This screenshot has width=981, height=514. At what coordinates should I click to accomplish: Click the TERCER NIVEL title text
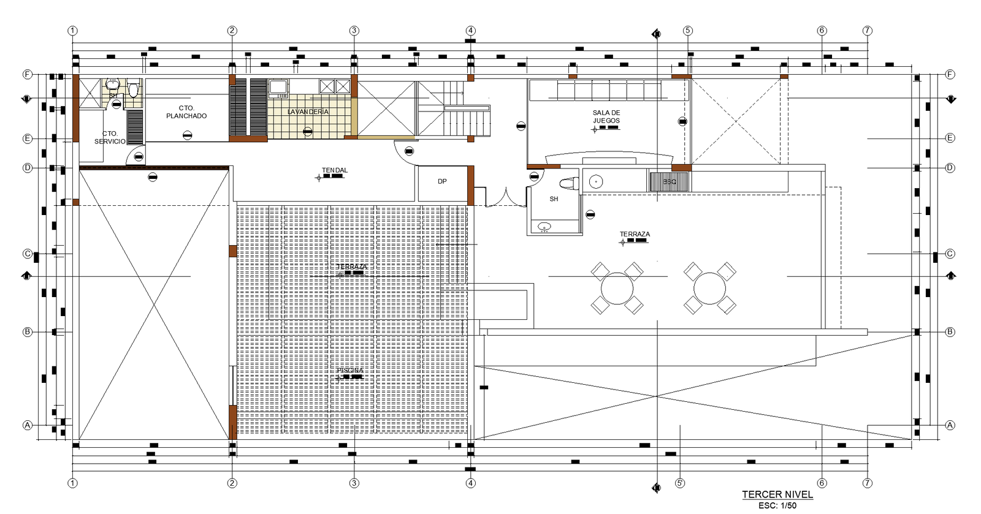click(777, 494)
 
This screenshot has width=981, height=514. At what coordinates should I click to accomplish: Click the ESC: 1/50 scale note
click(777, 505)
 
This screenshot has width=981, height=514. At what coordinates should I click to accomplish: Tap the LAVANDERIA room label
click(308, 112)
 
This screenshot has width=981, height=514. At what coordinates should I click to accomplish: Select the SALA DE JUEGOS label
click(606, 116)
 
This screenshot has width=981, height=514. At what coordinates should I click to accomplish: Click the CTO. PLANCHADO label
click(186, 112)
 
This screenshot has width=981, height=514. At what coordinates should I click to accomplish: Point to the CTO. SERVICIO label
click(110, 137)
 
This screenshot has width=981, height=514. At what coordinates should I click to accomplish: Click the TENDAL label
click(334, 170)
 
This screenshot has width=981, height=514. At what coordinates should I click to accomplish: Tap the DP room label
click(442, 181)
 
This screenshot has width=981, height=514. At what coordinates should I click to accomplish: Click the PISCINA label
click(349, 371)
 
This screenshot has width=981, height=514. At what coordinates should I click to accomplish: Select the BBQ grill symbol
click(669, 182)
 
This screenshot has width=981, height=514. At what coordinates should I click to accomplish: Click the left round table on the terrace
click(617, 288)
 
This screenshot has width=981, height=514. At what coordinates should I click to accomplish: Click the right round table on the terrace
click(709, 288)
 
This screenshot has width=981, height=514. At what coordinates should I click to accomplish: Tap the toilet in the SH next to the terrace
click(570, 183)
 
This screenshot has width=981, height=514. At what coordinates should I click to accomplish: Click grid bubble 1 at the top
click(72, 31)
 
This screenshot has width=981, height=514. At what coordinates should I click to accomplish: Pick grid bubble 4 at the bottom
click(470, 483)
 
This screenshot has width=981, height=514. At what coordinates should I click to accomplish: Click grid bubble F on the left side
click(27, 74)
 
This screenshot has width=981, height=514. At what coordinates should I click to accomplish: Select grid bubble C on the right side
click(950, 254)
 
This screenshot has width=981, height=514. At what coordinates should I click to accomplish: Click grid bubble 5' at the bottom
click(680, 483)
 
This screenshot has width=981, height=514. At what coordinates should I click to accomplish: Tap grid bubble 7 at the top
click(867, 31)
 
